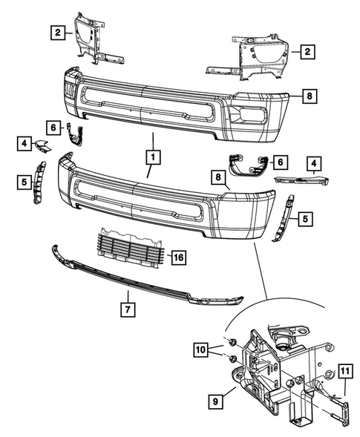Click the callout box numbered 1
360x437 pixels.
point(152,157)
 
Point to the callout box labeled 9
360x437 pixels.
point(214,401)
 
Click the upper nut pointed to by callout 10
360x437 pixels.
point(232,342)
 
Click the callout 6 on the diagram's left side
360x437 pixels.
point(55,128)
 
